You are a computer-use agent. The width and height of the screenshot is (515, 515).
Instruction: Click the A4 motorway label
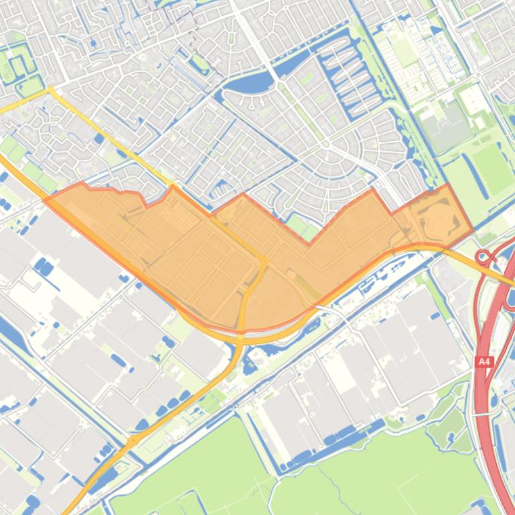click(x=484, y=362)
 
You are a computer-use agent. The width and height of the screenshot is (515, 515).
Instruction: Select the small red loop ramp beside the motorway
click(x=482, y=256)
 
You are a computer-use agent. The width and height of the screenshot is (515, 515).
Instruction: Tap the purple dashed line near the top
click(x=194, y=33)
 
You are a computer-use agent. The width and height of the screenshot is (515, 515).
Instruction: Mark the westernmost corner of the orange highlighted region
click(x=44, y=199)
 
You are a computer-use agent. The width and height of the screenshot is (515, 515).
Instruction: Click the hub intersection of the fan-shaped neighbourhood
click(x=326, y=144)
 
